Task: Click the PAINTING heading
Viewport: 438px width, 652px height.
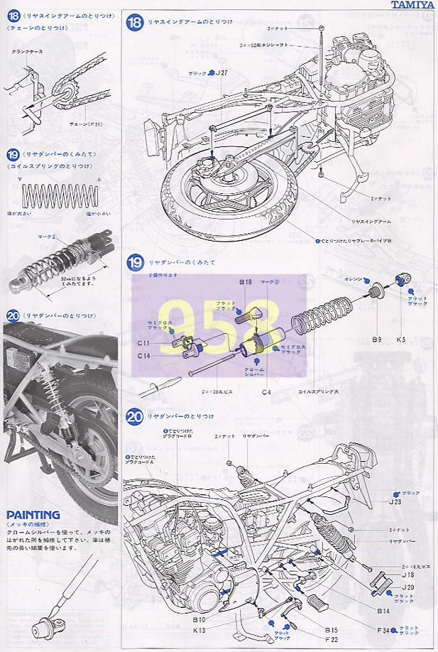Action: (x=33, y=514)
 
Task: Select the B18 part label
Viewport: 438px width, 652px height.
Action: (x=246, y=282)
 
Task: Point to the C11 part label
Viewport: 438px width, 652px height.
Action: (x=143, y=342)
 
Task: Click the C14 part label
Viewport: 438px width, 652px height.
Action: (x=143, y=354)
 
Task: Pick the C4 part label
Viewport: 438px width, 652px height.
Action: (x=266, y=391)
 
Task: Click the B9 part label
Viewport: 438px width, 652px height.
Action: (x=376, y=339)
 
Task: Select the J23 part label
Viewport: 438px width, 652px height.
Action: (x=395, y=501)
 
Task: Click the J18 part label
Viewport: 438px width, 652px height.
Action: (x=407, y=575)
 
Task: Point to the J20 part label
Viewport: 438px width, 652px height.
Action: (x=407, y=587)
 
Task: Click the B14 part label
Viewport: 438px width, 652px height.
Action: (x=383, y=609)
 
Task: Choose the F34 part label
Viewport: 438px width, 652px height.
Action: (x=384, y=629)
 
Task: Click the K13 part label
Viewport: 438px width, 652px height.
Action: (x=198, y=629)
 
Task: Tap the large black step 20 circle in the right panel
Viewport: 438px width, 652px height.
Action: (x=135, y=417)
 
